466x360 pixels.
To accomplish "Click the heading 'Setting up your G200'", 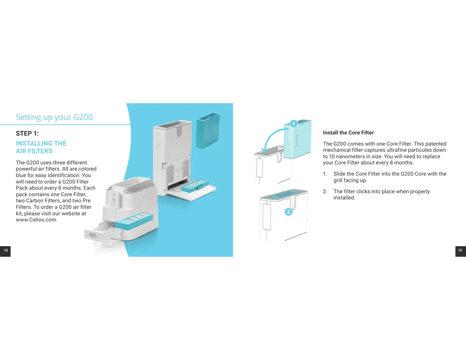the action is click(54, 117).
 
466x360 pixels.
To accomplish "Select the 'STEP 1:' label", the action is click(27, 134).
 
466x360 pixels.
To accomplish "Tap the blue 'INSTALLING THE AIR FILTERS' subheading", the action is click(41, 147).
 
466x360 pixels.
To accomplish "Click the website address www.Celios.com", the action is click(36, 220).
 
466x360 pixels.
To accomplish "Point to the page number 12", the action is click(6, 251).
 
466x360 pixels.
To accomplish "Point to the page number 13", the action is click(460, 251).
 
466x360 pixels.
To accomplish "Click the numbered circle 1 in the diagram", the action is click(293, 124).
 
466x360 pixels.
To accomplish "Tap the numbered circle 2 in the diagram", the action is click(288, 212).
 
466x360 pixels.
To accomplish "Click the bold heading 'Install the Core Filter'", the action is click(348, 133).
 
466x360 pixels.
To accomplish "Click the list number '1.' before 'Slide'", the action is click(325, 174).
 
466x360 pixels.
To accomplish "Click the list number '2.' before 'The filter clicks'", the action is click(325, 191).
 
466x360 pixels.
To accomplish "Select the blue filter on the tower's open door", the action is click(195, 185).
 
